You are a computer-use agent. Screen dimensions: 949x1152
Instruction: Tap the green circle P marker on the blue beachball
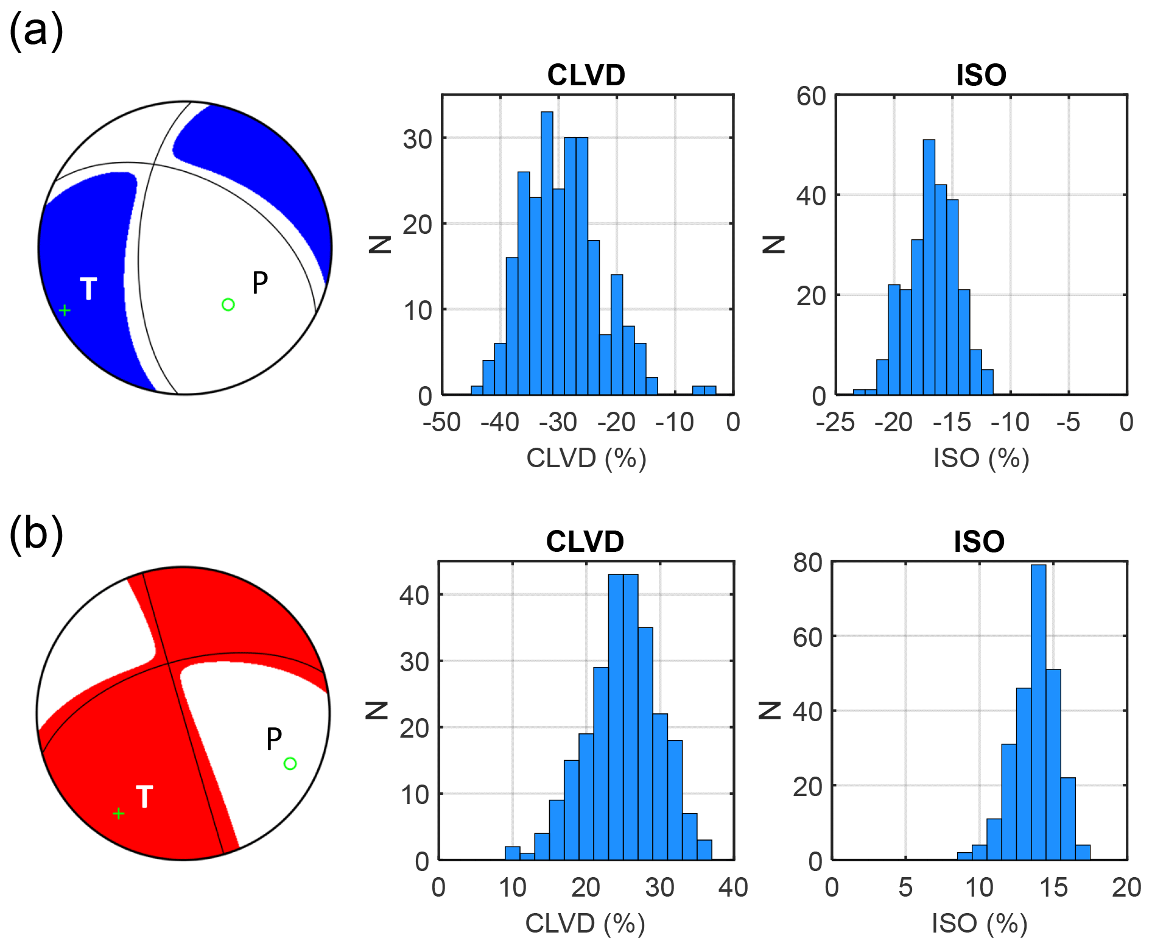[x=228, y=305]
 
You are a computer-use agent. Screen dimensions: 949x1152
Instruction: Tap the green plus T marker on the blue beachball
[x=65, y=311]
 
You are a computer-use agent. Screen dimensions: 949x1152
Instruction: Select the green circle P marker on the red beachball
[x=290, y=764]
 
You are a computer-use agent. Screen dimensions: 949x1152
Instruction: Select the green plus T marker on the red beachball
[x=119, y=814]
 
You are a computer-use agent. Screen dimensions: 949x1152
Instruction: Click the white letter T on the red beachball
[x=144, y=797]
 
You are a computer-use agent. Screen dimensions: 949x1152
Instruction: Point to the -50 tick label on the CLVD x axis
[x=442, y=422]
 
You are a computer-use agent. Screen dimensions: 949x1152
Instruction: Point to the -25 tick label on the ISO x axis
[x=835, y=422]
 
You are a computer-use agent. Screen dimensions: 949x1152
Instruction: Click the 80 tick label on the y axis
[x=808, y=563]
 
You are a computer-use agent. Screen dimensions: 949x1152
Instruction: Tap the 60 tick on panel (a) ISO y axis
[x=811, y=96]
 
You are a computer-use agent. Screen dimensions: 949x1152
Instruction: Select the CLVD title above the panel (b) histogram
[x=585, y=542]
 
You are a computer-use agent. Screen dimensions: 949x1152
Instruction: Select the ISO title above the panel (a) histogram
[x=981, y=76]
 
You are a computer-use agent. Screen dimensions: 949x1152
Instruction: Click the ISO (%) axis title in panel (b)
[x=980, y=924]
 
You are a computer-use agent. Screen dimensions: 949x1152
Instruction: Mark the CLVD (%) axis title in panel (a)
[x=586, y=458]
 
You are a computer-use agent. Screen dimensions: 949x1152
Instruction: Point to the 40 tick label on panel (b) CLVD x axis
[x=733, y=887]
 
